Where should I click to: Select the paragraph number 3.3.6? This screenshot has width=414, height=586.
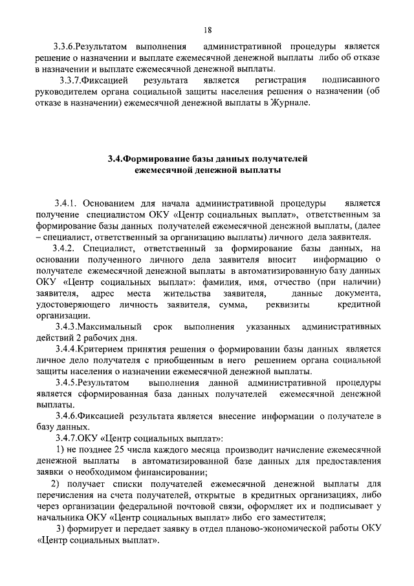pyautogui.click(x=67, y=47)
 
